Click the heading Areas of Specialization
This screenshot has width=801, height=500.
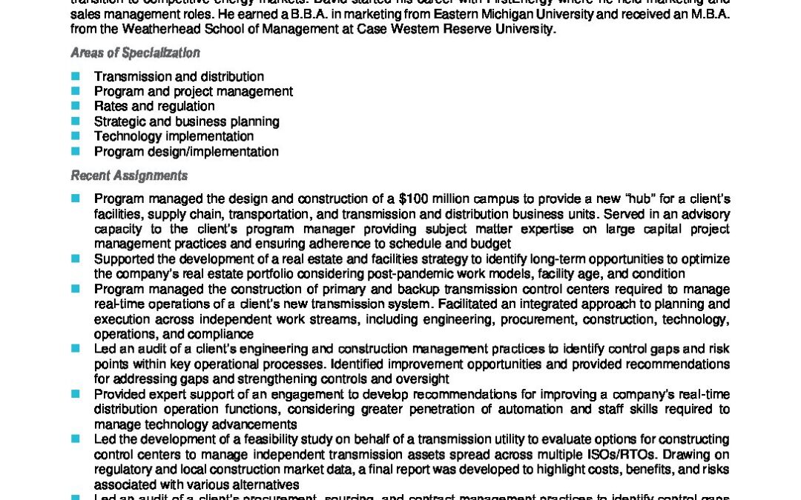click(x=135, y=53)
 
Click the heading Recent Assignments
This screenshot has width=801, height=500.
click(x=129, y=176)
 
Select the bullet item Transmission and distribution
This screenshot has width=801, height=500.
click(x=179, y=76)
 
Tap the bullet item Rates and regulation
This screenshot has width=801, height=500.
click(x=154, y=107)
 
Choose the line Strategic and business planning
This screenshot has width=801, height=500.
click(x=186, y=121)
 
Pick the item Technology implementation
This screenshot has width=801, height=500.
click(x=174, y=136)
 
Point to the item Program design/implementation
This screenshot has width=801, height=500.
click(x=186, y=152)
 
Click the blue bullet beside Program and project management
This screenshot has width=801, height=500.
click(x=75, y=91)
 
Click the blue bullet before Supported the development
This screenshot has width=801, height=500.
click(x=75, y=259)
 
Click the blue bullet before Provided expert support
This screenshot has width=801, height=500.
click(x=75, y=394)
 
